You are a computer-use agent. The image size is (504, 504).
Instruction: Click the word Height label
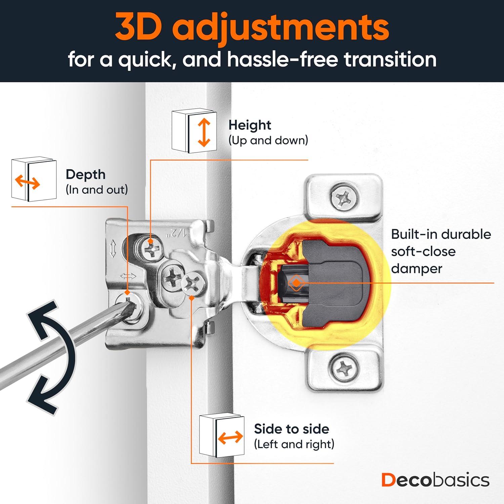pyautogui.click(x=250, y=125)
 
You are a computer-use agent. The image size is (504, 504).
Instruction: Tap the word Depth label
pyautogui.click(x=86, y=175)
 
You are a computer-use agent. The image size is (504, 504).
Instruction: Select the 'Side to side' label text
pyautogui.click(x=291, y=429)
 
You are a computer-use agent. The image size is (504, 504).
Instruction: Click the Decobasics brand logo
pyautogui.click(x=435, y=480)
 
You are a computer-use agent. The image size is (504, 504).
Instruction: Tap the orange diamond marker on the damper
pyautogui.click(x=296, y=283)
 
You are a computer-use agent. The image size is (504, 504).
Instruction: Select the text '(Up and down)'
pyautogui.click(x=268, y=140)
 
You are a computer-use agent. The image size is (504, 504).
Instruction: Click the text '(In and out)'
pyautogui.click(x=97, y=190)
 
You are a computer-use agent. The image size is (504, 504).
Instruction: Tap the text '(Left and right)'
pyautogui.click(x=294, y=444)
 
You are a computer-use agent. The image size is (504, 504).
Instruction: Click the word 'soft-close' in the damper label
pyautogui.click(x=423, y=251)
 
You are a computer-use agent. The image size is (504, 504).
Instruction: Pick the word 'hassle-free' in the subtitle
pyautogui.click(x=282, y=59)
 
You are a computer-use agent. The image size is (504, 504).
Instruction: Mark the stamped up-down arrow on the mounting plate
pyautogui.click(x=113, y=249)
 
